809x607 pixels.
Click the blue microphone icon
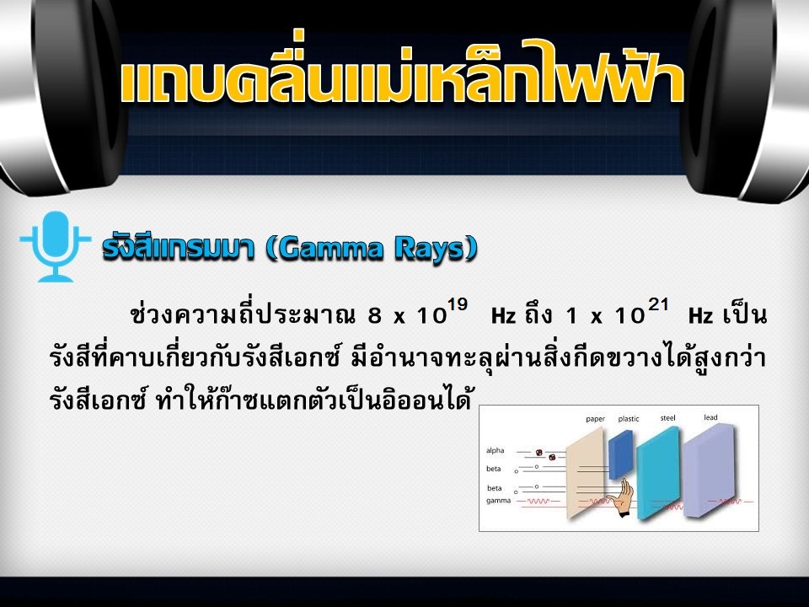(x=56, y=245)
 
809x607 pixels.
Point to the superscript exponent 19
(x=457, y=305)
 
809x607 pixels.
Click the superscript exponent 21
(x=658, y=305)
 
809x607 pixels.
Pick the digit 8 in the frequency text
(x=374, y=316)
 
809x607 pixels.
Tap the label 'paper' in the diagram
(x=595, y=419)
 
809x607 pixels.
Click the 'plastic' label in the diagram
(x=629, y=419)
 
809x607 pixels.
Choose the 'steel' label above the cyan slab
(x=667, y=418)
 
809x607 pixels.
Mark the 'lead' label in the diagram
(x=710, y=417)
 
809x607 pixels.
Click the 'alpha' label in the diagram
(x=495, y=450)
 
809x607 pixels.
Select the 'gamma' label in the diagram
(x=498, y=501)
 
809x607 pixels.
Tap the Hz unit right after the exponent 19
(x=503, y=316)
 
